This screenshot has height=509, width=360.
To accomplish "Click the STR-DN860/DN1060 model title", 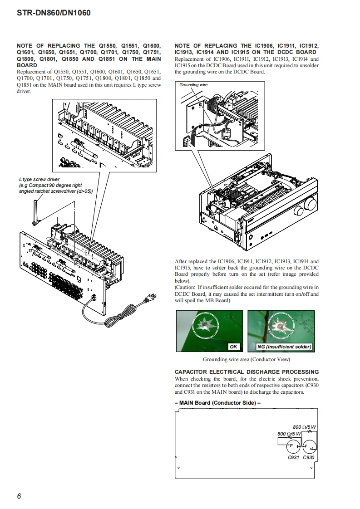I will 54,13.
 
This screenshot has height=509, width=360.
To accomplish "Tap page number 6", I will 19,496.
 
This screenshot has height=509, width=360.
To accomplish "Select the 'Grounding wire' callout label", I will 193,85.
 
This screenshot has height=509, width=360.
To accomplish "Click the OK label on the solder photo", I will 234,347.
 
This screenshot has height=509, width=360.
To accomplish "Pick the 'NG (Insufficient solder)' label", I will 284,347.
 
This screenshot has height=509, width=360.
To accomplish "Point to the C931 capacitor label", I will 294,457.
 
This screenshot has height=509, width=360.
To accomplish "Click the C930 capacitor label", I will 309,457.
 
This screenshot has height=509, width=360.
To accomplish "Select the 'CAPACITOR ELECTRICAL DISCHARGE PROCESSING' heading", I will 247,372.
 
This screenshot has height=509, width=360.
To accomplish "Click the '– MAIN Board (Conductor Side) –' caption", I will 217,402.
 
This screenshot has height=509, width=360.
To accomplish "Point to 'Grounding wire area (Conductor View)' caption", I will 246,360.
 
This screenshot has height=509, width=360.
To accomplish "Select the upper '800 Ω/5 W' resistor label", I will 304,427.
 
